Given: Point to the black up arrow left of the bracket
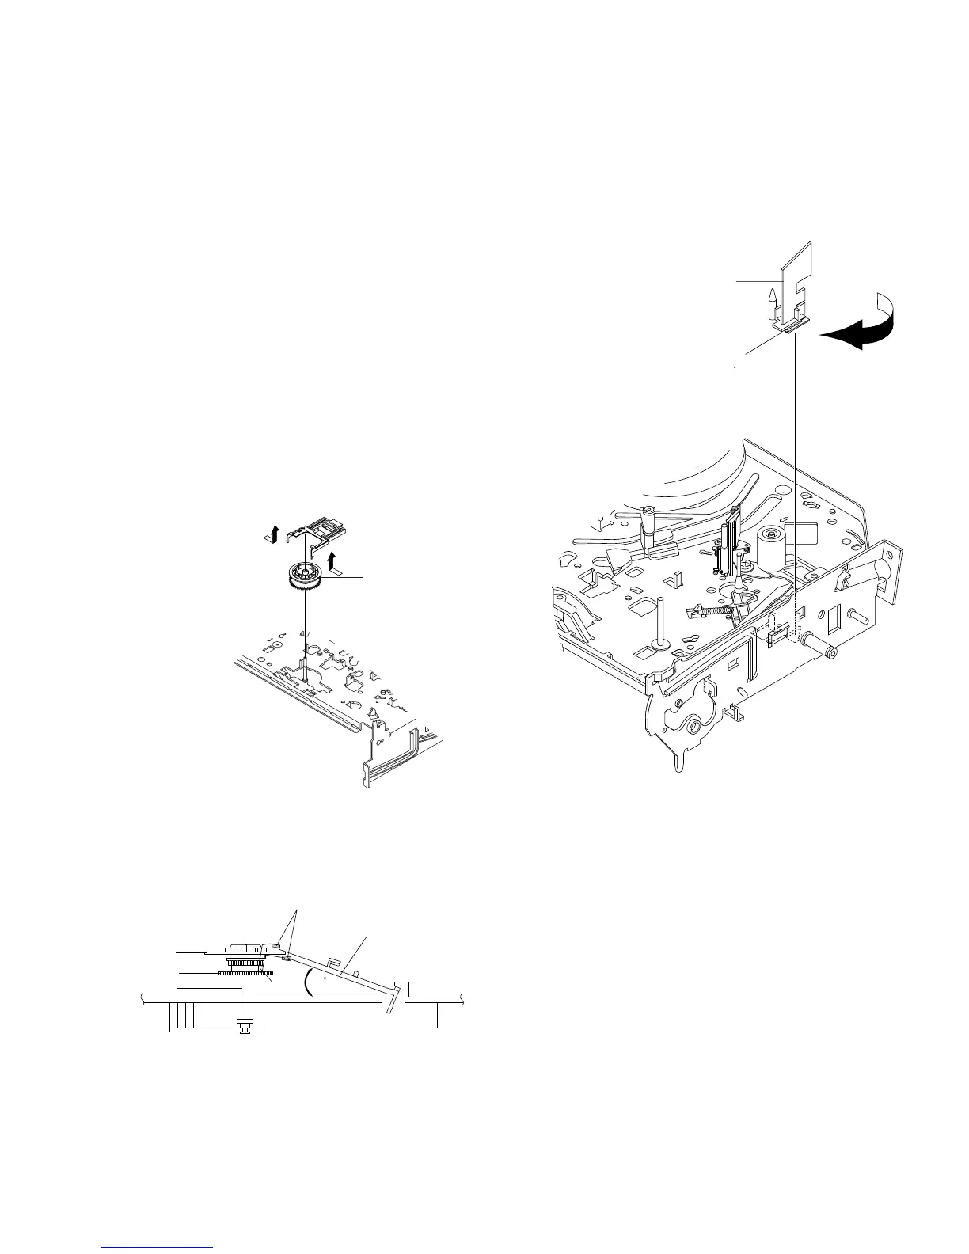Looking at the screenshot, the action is click(271, 534).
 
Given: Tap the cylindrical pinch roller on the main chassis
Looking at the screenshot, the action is click(771, 548).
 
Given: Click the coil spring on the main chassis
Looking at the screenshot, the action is click(709, 610).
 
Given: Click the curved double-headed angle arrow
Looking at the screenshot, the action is click(307, 983).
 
